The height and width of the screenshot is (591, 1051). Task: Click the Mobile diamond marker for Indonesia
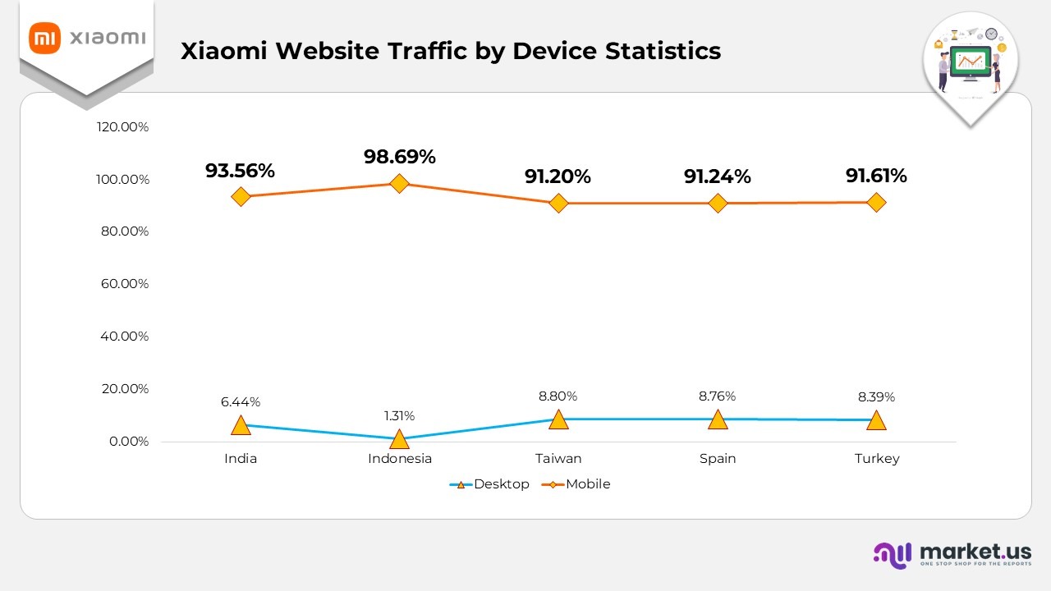(x=399, y=183)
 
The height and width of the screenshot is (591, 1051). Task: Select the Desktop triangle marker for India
(x=241, y=425)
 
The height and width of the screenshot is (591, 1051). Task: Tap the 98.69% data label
(x=400, y=157)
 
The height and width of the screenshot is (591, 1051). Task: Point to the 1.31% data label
(x=400, y=415)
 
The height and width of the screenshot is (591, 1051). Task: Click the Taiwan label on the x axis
(x=558, y=459)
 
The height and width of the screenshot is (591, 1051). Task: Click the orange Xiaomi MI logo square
(x=45, y=38)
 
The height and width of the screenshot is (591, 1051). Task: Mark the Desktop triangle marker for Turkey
(x=876, y=420)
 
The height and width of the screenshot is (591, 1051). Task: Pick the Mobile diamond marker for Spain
(x=718, y=203)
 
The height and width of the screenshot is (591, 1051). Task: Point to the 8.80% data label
(x=558, y=396)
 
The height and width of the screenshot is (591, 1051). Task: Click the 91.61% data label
(x=876, y=176)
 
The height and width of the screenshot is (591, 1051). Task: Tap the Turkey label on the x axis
(x=876, y=459)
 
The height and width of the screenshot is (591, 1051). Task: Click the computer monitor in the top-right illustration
(x=970, y=62)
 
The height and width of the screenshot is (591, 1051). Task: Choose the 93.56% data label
(x=241, y=171)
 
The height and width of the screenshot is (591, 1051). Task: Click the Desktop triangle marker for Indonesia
(x=399, y=439)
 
